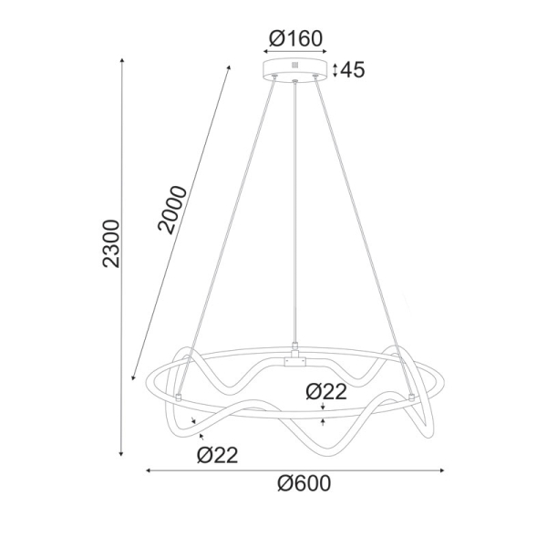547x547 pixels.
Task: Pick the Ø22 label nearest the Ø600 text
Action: pos(217,455)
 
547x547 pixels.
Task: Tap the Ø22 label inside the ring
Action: pos(326,392)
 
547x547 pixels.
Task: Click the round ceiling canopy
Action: pos(294,70)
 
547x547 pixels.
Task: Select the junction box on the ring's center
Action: pos(294,361)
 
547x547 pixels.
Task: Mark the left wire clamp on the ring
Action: pos(181,397)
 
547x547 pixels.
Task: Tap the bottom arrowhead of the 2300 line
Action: pos(123,453)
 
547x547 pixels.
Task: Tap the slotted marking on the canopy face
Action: pos(294,66)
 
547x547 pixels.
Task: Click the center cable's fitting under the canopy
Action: pos(294,83)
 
